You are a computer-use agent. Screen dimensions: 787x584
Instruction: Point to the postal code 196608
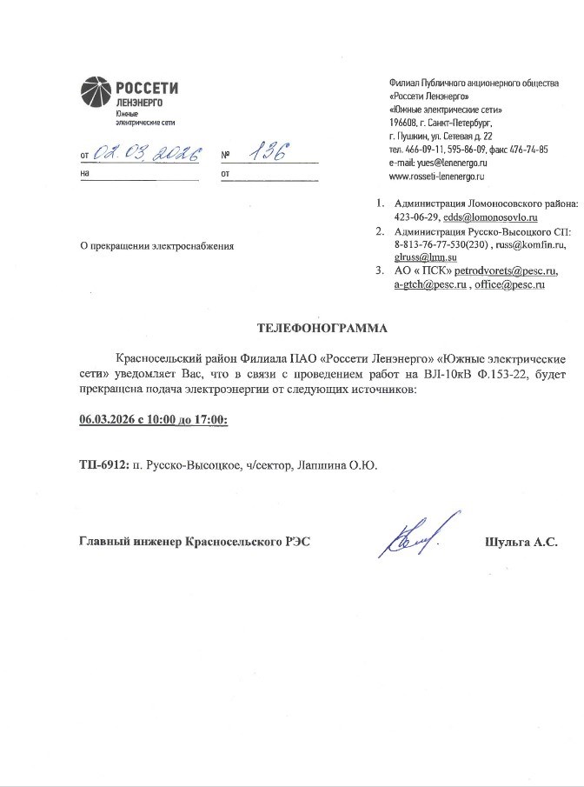tap(404, 123)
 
